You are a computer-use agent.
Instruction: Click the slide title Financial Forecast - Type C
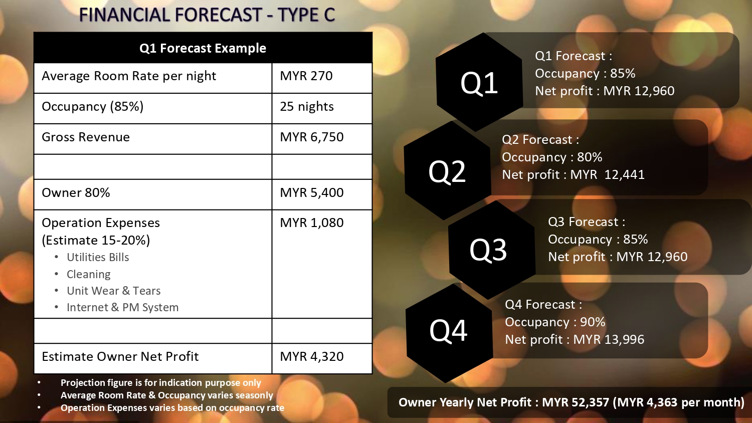tap(207, 15)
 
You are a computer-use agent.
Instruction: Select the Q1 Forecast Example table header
tap(203, 48)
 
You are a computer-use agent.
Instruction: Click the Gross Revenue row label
tap(86, 137)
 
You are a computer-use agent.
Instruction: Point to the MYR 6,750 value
tap(312, 137)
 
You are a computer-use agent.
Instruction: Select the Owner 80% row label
tap(76, 192)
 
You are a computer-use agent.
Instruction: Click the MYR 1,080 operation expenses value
tap(312, 223)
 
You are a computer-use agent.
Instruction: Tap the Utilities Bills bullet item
tap(98, 257)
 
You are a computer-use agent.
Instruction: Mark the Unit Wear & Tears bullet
tap(113, 291)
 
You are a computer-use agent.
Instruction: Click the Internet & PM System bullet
tap(122, 308)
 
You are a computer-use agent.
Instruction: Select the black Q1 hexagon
tap(479, 82)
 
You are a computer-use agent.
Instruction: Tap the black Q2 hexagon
tap(447, 170)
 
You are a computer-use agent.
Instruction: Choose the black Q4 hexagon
tap(449, 333)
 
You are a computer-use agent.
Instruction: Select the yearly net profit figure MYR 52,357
tap(576, 402)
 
